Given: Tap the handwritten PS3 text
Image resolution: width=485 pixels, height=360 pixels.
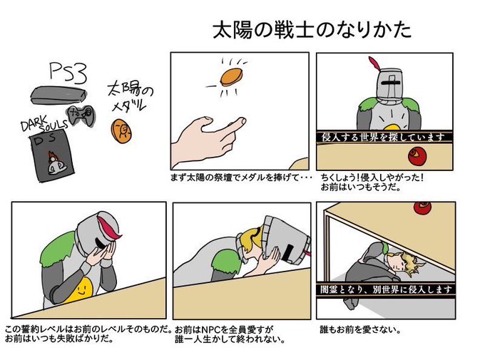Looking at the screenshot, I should point(68,71).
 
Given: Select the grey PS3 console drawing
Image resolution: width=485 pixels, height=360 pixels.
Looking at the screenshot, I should point(59,96).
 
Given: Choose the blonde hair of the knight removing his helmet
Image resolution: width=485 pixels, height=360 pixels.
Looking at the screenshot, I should point(249,237).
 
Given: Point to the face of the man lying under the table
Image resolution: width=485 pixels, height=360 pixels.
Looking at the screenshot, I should point(414,266).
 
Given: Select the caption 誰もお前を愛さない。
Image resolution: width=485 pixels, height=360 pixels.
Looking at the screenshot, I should point(358,330).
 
